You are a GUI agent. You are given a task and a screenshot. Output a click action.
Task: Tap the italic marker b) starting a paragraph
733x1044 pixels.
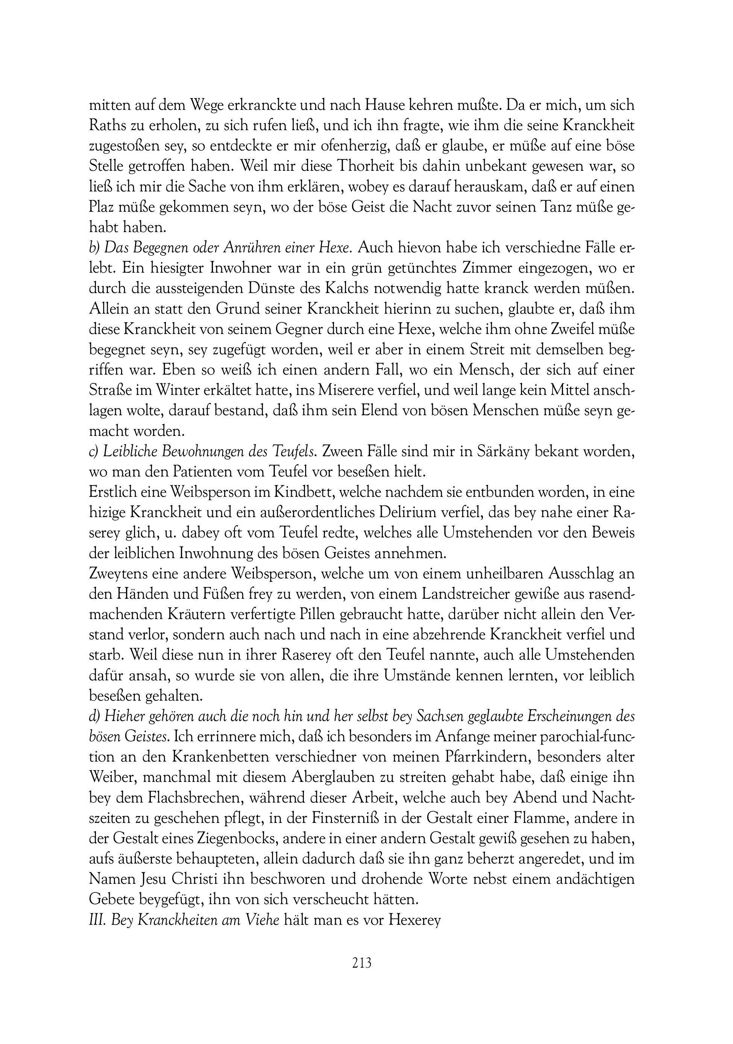(x=94, y=248)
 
